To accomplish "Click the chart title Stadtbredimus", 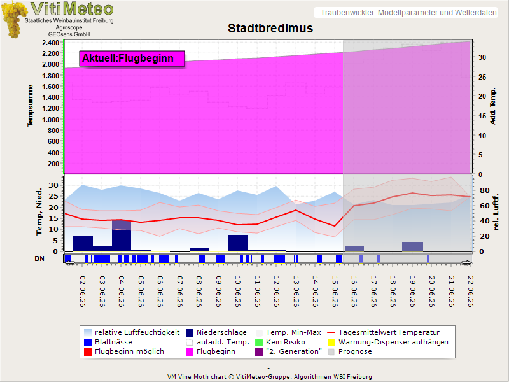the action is pos(270,28).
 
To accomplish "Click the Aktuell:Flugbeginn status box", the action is pos(132,59).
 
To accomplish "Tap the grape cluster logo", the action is pos(13,20).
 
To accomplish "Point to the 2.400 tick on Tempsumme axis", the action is pos(50,43).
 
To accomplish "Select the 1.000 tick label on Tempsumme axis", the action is pos(50,120).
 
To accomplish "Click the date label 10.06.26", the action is pos(237,292).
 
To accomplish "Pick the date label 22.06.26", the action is pos(470,292).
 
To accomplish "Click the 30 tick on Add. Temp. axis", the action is pos(482,57).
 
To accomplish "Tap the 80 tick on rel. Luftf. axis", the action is pos(484,190).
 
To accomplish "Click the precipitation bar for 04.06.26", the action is pos(122,236).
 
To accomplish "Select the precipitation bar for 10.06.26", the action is pos(238,243).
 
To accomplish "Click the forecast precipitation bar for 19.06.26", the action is pos(412,246).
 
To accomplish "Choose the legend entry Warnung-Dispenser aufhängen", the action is pos(388,342).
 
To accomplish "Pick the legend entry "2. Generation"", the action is pos(289,352).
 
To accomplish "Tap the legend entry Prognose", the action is pos(350,352).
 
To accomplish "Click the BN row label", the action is pos(39,258).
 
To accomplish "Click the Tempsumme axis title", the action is pos(30,106).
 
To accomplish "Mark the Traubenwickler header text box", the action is pos(406,13).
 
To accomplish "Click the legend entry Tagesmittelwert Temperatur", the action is pos(384,332).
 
